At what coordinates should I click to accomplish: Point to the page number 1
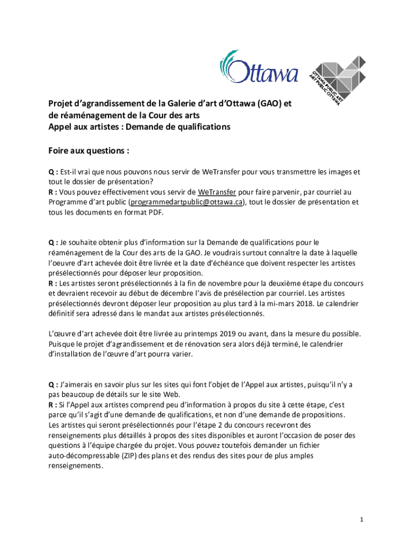[362, 520]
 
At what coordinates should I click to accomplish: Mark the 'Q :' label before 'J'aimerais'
[53, 385]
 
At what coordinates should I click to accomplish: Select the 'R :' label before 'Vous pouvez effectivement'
[53, 192]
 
